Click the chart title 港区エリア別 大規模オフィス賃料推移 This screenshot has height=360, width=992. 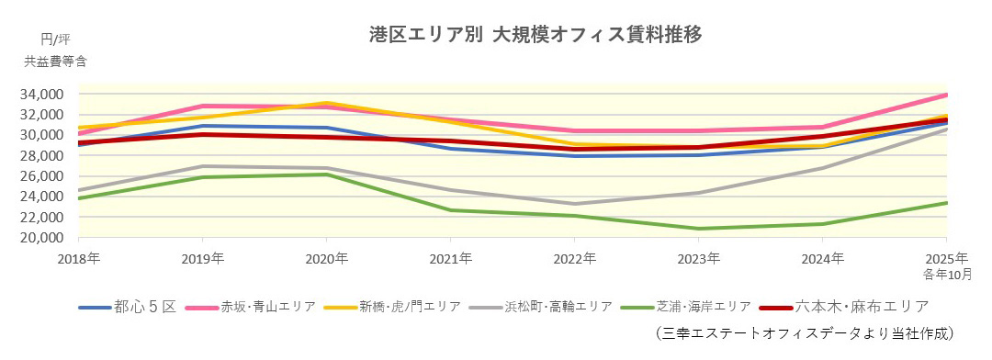[x=535, y=36]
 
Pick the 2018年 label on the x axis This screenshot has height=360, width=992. [x=81, y=258]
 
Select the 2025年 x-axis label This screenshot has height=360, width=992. [x=947, y=258]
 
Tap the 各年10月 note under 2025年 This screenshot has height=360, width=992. [x=945, y=274]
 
